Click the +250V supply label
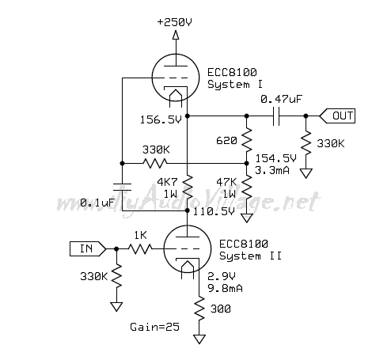click(x=174, y=22)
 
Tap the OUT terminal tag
click(x=337, y=116)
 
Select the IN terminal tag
click(x=88, y=248)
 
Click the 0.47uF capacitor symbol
click(x=276, y=116)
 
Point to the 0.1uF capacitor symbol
click(x=122, y=187)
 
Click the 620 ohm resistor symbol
click(x=247, y=140)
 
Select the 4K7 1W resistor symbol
click(x=188, y=188)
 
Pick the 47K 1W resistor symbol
click(x=247, y=188)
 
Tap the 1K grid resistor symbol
click(x=140, y=248)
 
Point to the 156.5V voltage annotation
click(x=161, y=120)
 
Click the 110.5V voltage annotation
click(x=214, y=212)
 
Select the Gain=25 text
click(x=154, y=327)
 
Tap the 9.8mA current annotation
click(x=225, y=288)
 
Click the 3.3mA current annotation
click(x=272, y=170)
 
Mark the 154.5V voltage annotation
click(x=276, y=158)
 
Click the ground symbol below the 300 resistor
click(x=199, y=339)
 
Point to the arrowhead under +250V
click(x=176, y=35)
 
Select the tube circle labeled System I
click(x=152, y=78)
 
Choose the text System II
click(x=250, y=256)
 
